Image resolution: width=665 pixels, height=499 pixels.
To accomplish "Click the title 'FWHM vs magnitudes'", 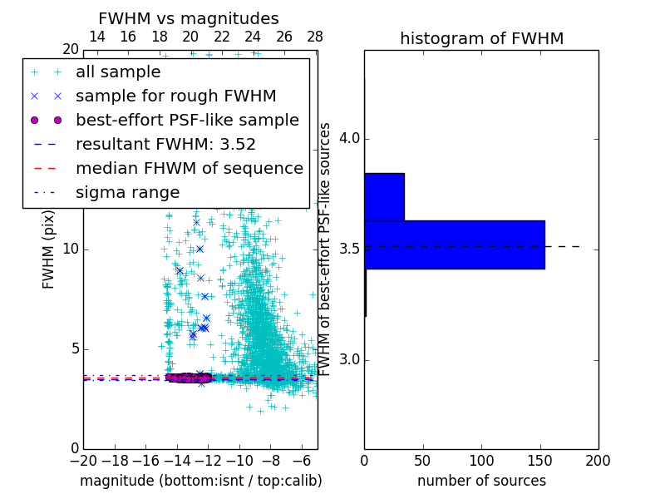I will pos(188,18).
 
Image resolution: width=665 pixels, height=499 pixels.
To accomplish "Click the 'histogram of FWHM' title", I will pos(481,38).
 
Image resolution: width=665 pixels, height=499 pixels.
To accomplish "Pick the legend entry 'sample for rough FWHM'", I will pos(175,96).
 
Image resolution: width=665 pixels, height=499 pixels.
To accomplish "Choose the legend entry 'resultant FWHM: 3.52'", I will pos(165,144).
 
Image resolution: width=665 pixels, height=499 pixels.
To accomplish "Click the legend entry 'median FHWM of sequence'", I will pos(189,168).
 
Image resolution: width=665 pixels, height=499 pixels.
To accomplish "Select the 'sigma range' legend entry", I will pos(127,192).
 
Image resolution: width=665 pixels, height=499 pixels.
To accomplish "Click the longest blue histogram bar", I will pos(454,245).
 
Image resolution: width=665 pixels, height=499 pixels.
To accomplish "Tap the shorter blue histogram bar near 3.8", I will pos(384,197).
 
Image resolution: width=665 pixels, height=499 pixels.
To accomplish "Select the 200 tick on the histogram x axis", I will pos(598,461).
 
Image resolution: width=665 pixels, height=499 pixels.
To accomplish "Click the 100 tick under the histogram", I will pos(481,461).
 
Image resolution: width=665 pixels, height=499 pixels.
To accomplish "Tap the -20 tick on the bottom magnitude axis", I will pos(83,461).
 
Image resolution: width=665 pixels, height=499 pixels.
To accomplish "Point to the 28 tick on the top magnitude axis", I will pos(315,37).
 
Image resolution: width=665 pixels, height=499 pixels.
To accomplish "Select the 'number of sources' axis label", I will pos(481,481).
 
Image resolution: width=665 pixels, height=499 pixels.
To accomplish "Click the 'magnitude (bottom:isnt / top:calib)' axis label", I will pos(200,481).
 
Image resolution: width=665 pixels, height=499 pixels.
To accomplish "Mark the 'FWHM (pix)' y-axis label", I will pos(48,249).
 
